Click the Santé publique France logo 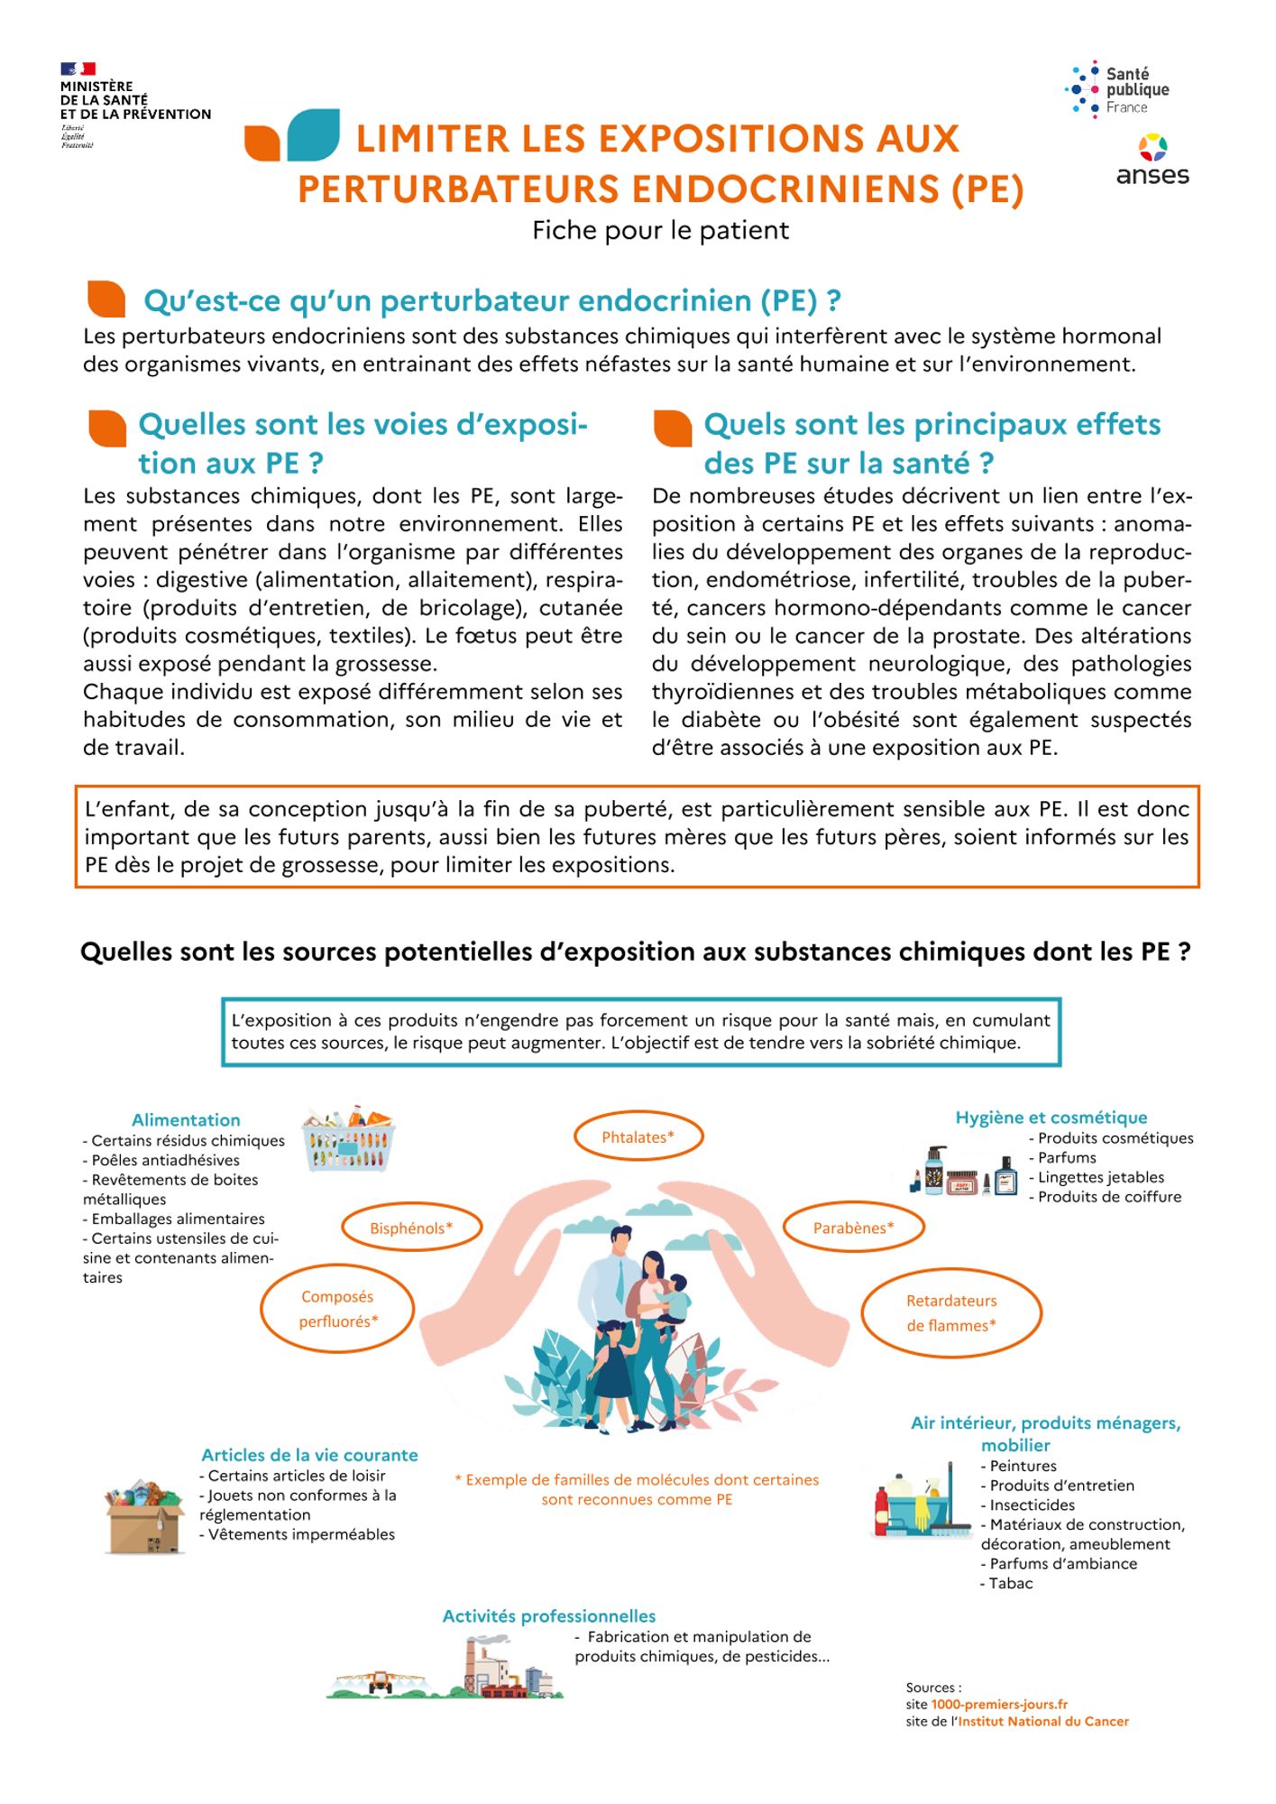1117,89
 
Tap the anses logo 1152,161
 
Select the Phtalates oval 638,1137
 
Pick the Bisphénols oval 411,1228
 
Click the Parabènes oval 853,1228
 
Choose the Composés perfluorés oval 337,1309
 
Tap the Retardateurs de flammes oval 951,1312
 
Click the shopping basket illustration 349,1139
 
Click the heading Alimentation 186,1119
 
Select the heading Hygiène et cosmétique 1051,1117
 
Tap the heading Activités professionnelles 548,1615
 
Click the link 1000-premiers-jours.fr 999,1704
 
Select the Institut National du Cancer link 1042,1721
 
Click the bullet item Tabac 1010,1583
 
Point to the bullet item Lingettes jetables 1100,1177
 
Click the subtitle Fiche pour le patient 660,231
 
